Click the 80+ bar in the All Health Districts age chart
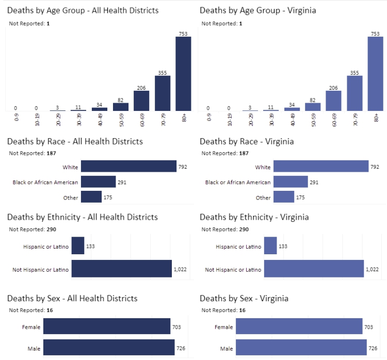[183, 74]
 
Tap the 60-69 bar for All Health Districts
[141, 101]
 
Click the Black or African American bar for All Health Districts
[99, 182]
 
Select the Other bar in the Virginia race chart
[284, 197]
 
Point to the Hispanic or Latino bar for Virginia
[270, 247]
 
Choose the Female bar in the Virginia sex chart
[299, 327]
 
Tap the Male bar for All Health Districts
[109, 349]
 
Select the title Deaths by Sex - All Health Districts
[72, 299]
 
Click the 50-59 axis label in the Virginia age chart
[313, 120]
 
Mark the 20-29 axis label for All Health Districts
[58, 120]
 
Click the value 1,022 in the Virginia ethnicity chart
[373, 269]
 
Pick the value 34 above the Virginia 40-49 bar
[292, 105]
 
